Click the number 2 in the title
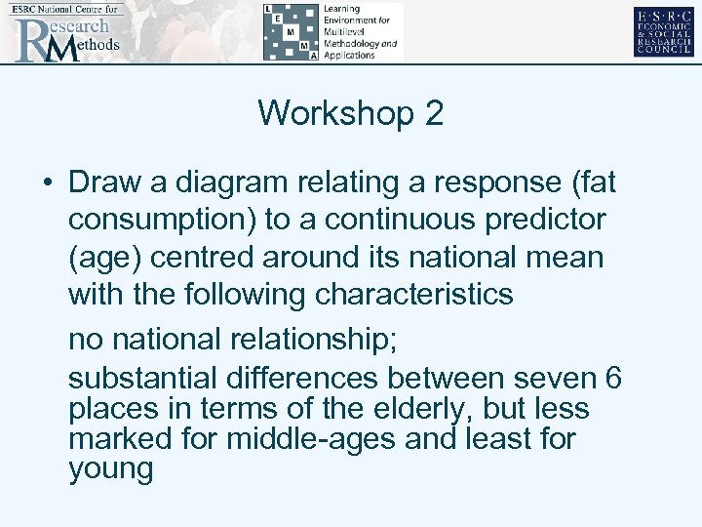[x=434, y=114]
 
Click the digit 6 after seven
[x=613, y=377]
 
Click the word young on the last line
[x=111, y=470]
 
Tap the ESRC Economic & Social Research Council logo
[x=663, y=31]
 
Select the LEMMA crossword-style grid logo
[x=290, y=32]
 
